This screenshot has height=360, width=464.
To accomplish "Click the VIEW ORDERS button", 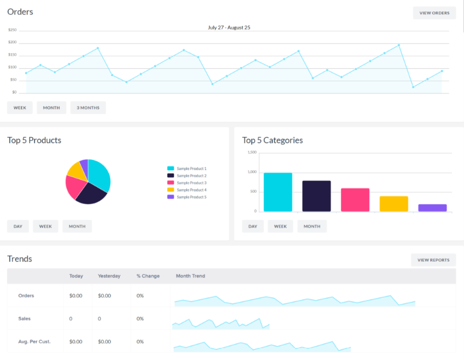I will pyautogui.click(x=434, y=13).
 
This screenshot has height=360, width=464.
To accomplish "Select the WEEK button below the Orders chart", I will pyautogui.click(x=20, y=108).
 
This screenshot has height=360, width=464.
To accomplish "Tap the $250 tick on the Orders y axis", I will pyautogui.click(x=13, y=30).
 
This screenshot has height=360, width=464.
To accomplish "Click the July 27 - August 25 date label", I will pyautogui.click(x=229, y=28).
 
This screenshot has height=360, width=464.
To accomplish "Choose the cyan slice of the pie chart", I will pyautogui.click(x=99, y=174).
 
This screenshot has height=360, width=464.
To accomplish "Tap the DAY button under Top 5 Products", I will pyautogui.click(x=18, y=226).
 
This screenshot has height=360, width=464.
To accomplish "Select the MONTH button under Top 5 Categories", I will pyautogui.click(x=312, y=226).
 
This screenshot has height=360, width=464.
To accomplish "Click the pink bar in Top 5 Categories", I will pyautogui.click(x=355, y=199).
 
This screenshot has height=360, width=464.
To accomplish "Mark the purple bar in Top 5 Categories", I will pyautogui.click(x=432, y=208).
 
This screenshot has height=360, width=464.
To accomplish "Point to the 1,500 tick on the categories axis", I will pyautogui.click(x=252, y=152).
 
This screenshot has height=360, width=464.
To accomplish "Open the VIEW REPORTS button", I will pyautogui.click(x=433, y=260).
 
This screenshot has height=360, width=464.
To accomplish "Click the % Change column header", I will pyautogui.click(x=148, y=276).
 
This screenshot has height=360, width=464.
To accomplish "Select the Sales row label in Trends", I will pyautogui.click(x=25, y=319).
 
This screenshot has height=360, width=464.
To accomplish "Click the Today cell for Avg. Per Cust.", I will pyautogui.click(x=76, y=341).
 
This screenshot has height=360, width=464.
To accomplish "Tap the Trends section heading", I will pyautogui.click(x=20, y=259).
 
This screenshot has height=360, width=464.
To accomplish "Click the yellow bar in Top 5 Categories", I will pyautogui.click(x=394, y=204).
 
